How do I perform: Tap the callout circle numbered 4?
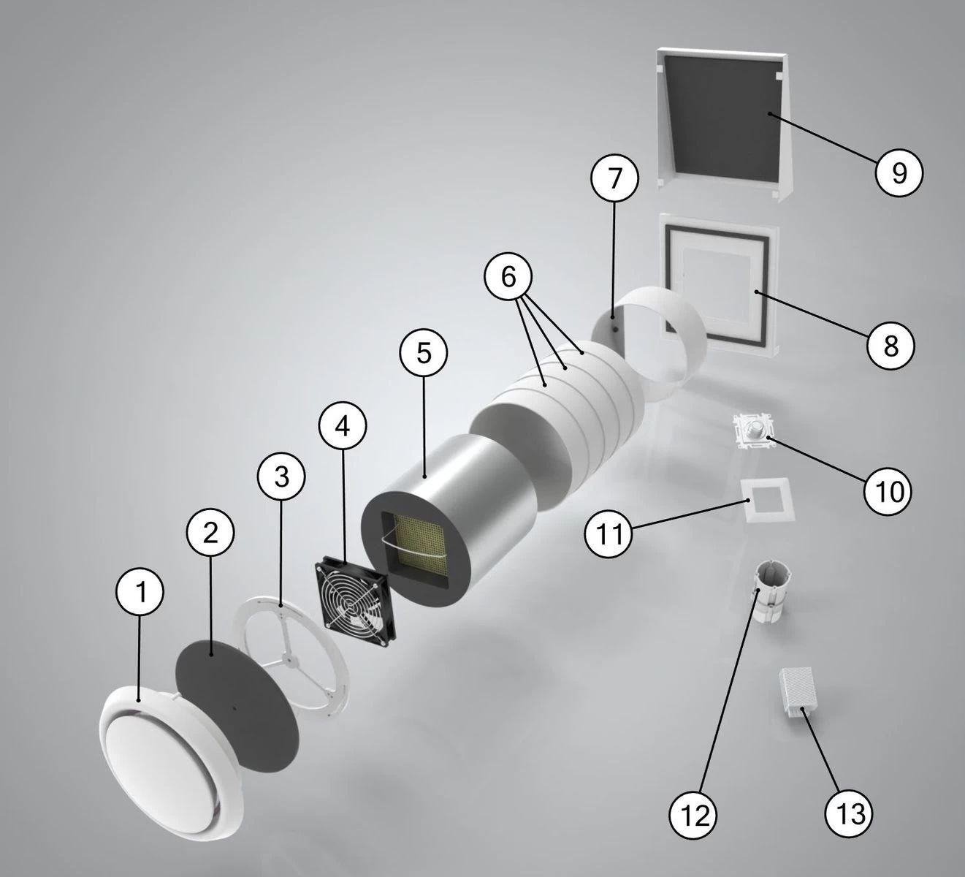click(x=343, y=426)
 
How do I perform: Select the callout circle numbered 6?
click(x=508, y=277)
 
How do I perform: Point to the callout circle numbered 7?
click(x=614, y=178)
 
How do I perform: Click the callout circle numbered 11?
click(x=609, y=534)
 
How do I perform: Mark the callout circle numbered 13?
click(x=849, y=813)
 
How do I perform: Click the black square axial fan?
click(x=356, y=598)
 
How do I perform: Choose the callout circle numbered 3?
click(x=281, y=477)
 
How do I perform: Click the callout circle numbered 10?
click(x=888, y=491)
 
